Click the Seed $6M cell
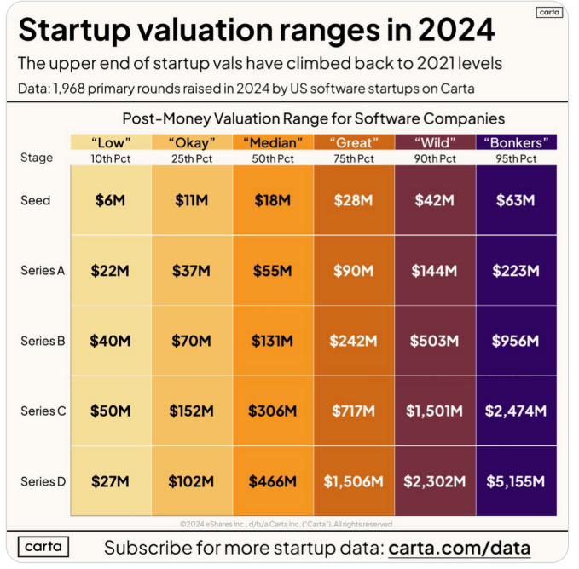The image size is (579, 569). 111,201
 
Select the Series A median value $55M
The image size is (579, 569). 273,271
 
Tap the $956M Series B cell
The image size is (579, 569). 515,341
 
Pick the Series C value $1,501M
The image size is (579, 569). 434,411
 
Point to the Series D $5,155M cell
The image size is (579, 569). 515,481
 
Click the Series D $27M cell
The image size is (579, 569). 111,481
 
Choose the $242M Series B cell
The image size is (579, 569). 353,341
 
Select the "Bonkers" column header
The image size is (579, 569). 515,142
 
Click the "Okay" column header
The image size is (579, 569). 192,142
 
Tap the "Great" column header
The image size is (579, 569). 353,142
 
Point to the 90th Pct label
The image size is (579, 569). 434,158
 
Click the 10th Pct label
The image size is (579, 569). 111,158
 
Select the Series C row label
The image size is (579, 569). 43,411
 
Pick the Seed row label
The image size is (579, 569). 36,201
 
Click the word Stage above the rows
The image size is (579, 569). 37,158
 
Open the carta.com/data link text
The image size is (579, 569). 459,547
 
